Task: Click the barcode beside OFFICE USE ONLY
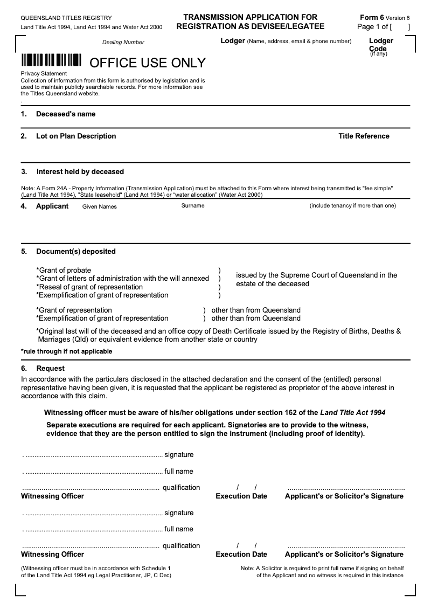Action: coord(51,60)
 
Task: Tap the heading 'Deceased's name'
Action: coord(66,114)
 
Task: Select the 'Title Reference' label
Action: coord(364,136)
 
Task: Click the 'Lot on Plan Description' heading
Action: coord(76,136)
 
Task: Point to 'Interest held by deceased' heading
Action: coord(80,172)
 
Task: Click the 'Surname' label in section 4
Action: coord(193,206)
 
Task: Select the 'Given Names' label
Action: coord(99,206)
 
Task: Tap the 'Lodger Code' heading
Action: coord(381,45)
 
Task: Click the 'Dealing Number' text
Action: coord(123,42)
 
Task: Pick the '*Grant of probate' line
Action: coord(64,270)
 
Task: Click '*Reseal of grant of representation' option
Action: coord(89,287)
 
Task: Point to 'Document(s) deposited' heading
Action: coord(76,252)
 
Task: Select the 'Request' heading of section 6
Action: coord(50,369)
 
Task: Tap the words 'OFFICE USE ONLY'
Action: coord(147,63)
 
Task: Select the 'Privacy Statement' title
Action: coord(44,73)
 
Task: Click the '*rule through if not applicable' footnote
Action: coord(66,351)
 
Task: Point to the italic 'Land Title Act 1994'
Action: coord(353,413)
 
